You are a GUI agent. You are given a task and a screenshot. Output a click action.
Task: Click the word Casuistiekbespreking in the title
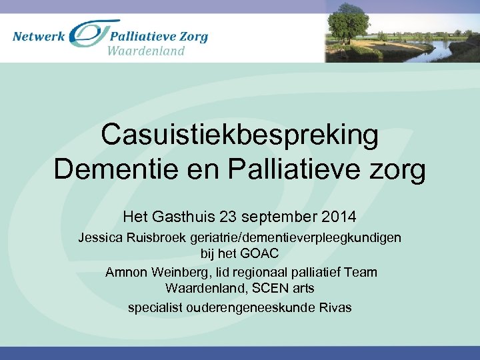coord(240,136)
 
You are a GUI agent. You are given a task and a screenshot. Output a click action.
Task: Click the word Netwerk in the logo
coord(39,36)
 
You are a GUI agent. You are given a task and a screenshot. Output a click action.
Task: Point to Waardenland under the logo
coord(146,51)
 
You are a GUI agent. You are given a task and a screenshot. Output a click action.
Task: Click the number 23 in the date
coord(223,217)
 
